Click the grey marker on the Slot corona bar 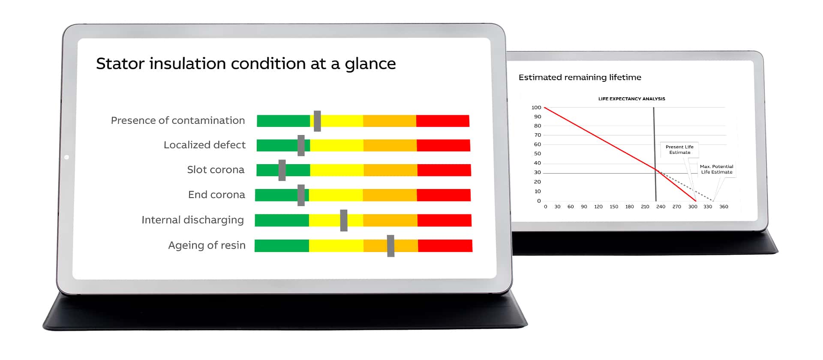[282, 170]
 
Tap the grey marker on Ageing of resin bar [390, 246]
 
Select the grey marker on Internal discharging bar [344, 220]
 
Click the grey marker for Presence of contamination [317, 121]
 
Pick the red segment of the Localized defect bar [443, 145]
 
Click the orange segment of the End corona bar [390, 195]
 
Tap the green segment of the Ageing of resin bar [282, 246]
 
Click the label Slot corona [216, 170]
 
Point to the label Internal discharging [192, 220]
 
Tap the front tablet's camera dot [66, 157]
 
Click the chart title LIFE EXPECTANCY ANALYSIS [632, 99]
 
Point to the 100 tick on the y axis [536, 108]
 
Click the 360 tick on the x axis [724, 207]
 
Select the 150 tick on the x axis [614, 207]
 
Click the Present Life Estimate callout [680, 150]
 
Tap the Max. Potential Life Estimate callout [717, 169]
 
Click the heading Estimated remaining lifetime [580, 78]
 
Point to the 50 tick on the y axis [538, 154]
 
